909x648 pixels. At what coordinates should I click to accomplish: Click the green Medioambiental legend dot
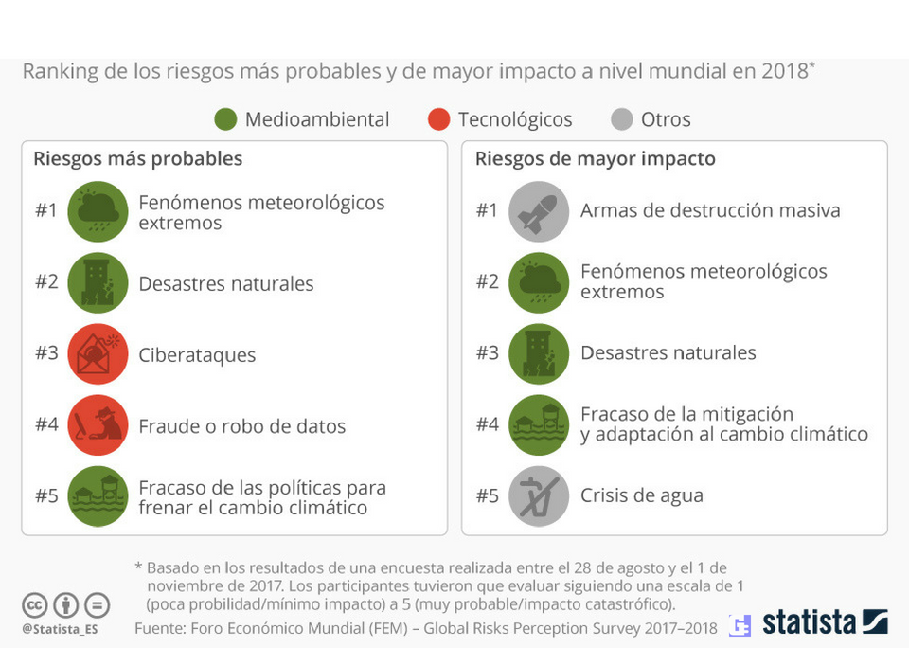pos(225,119)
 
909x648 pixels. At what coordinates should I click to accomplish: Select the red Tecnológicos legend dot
pos(437,119)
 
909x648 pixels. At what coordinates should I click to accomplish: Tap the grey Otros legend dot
pos(621,119)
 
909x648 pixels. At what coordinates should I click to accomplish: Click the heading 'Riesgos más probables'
pos(137,158)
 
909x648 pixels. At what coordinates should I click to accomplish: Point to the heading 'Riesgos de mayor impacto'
pos(595,158)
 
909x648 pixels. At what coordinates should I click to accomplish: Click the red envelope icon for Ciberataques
pos(98,354)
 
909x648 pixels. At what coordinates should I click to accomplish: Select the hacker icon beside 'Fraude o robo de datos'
pos(98,425)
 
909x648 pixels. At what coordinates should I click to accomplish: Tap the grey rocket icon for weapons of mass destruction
pos(539,210)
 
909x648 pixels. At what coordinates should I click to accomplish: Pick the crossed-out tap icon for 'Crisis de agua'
pos(539,495)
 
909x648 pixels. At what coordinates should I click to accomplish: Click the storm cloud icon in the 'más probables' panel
pos(98,211)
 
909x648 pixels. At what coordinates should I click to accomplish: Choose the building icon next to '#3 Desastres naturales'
pos(539,353)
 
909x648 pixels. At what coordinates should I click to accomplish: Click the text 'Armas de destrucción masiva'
pos(710,210)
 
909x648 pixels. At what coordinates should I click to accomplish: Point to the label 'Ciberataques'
pos(197,355)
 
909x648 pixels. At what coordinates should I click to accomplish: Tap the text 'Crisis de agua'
pos(641,495)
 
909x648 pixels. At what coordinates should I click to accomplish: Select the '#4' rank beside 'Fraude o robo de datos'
pos(47,424)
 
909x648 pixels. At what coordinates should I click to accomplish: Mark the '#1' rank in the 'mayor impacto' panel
pos(487,210)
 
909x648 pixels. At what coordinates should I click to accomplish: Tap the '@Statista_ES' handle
pos(60,628)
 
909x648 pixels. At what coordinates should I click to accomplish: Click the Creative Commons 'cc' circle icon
pos(35,604)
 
